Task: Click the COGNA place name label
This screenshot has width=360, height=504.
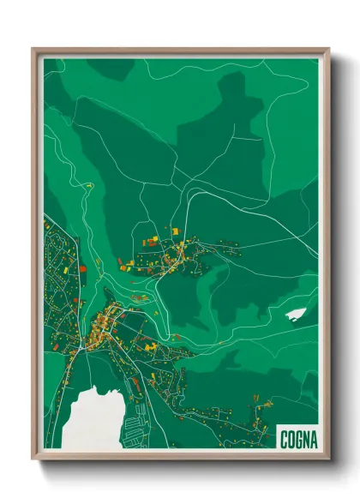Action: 297,439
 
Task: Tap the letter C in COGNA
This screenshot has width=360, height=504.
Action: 284,439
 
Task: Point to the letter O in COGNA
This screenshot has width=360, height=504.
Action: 291,439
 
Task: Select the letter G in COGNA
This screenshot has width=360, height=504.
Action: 297,439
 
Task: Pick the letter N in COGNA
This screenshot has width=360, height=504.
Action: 305,439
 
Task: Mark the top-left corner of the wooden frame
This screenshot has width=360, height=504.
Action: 33,50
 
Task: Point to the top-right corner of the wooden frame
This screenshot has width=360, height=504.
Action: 328,50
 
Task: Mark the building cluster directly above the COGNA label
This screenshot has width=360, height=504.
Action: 257,420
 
